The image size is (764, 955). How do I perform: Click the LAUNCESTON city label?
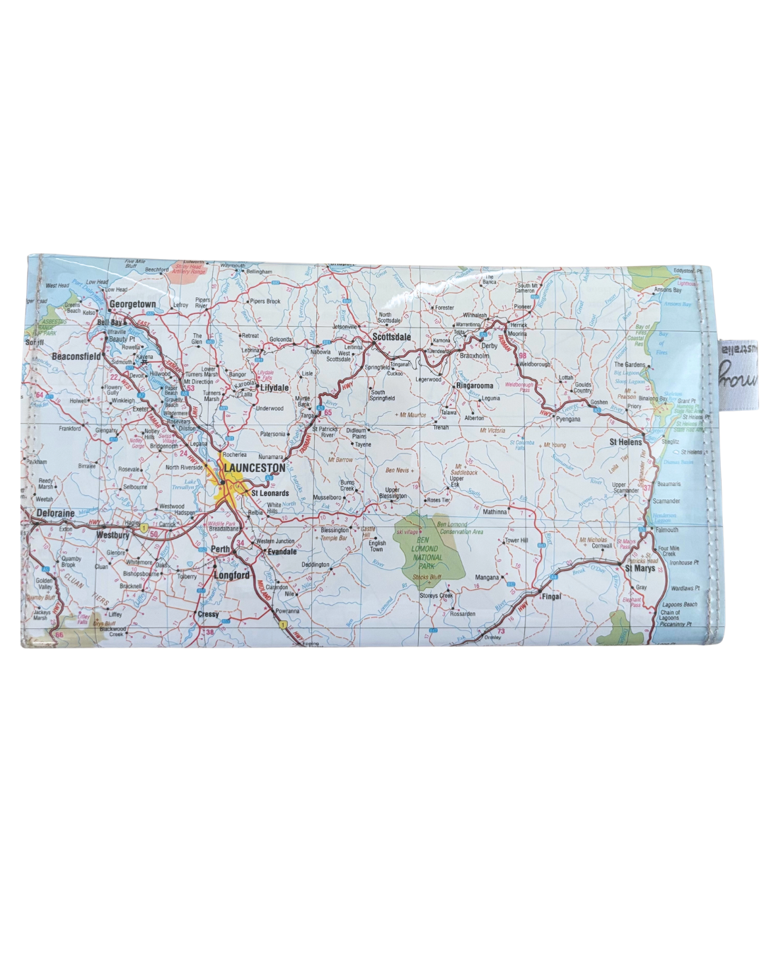coord(255,468)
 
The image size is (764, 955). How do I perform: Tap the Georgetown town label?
coord(132,304)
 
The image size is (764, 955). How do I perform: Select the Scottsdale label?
coord(391,337)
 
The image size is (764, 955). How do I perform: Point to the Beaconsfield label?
coord(76,357)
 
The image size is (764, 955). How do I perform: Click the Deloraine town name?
coord(55,513)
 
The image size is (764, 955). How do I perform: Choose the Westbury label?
coord(113,536)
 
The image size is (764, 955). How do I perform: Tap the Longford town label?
coord(232,575)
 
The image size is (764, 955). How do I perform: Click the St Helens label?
coord(625,442)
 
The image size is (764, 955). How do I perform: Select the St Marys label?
coord(639,568)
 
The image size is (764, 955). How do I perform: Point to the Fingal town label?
coord(551,596)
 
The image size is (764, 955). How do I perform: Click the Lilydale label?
coord(274,388)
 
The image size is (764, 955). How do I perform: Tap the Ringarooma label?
coord(475,386)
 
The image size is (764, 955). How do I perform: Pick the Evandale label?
coord(282,552)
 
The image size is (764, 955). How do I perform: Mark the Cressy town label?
coord(208,614)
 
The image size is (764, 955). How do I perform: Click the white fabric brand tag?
coord(737,374)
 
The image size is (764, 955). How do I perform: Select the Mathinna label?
coord(495,511)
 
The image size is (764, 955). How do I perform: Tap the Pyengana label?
coord(568,419)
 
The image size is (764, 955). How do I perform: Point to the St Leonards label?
coord(270,493)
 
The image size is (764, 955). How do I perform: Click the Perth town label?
coord(220,549)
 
